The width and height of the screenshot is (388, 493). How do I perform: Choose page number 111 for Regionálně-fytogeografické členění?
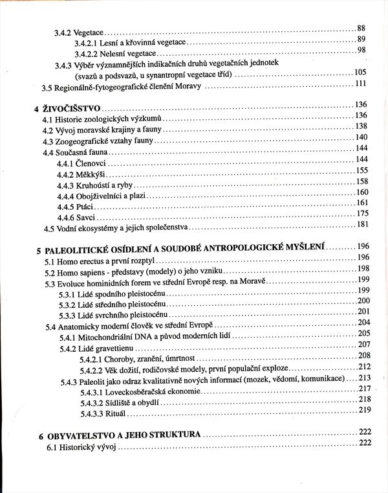pyautogui.click(x=360, y=84)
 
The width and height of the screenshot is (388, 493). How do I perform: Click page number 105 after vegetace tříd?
pyautogui.click(x=360, y=72)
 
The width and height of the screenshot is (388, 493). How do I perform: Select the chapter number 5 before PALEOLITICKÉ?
pyautogui.click(x=39, y=249)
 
